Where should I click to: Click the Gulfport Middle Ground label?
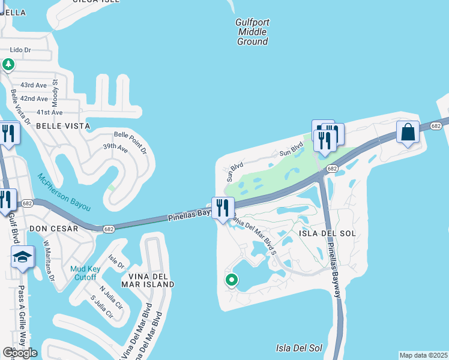coord(252,32)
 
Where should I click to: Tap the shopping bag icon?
coord(408,132)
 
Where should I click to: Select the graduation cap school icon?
coord(22,258)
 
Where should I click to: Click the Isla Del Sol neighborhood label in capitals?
coord(331,233)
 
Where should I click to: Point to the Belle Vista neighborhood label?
coord(63,126)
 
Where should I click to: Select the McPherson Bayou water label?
coord(64,192)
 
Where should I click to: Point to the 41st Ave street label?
coord(49,112)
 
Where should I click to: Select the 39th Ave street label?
coord(115,147)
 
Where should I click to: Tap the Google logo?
coord(20,352)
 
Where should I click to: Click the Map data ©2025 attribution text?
coord(423,355)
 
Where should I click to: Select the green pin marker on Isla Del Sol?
coord(231,280)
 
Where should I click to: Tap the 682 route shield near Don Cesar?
coord(109,229)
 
